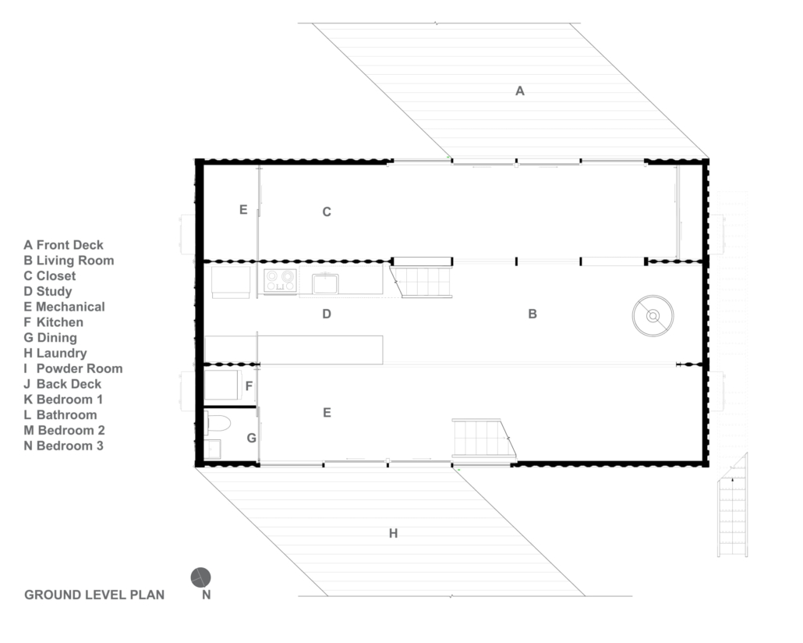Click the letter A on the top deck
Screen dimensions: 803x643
point(520,91)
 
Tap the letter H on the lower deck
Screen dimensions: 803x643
point(393,534)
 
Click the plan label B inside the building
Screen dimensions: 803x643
point(532,314)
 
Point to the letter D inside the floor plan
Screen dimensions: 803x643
point(327,314)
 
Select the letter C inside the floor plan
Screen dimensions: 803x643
point(327,211)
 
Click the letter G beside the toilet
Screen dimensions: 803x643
point(252,438)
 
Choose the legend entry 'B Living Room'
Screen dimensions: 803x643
point(69,261)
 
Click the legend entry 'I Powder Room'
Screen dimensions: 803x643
point(73,368)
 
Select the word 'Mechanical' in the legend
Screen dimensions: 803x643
point(70,307)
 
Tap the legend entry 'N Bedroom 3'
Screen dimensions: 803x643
point(63,446)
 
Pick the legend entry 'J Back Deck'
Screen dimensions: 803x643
point(62,384)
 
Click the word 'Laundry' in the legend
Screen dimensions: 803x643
point(62,353)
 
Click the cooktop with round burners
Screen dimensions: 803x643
point(280,281)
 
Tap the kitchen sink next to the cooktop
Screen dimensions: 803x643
point(325,283)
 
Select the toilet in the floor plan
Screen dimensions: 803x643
point(218,424)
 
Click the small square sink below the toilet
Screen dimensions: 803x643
point(213,449)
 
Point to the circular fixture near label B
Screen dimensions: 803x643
point(653,316)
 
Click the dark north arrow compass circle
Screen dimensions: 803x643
point(201,578)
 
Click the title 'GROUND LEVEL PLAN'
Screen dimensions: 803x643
point(95,595)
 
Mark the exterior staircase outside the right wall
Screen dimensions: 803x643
point(732,505)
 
